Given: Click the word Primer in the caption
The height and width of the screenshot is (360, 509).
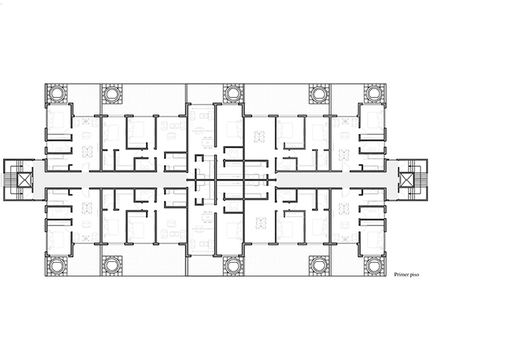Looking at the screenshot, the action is point(401,275).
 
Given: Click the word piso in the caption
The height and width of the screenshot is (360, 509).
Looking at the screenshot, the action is point(415,275).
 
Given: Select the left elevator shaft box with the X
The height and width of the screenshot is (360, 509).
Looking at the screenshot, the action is point(25,180).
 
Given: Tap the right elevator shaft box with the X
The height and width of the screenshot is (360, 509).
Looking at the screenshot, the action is point(406,180).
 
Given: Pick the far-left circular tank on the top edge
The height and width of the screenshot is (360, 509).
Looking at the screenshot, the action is point(57,94).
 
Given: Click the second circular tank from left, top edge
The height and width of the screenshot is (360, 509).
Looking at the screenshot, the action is point(112,94).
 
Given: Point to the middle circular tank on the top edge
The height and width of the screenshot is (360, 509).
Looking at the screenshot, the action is point(233,94).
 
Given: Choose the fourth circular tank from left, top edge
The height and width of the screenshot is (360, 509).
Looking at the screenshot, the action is point(320,94).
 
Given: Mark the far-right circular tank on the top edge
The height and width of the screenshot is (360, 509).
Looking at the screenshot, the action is point(374,94).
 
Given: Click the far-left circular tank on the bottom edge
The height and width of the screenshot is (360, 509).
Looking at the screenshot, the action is point(57,266).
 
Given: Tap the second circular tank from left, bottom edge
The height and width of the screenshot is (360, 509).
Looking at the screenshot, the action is point(112,266).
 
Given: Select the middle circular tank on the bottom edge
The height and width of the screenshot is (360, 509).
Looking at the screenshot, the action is point(233,266).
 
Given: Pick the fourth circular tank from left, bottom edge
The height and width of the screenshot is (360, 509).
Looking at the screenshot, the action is point(320,266).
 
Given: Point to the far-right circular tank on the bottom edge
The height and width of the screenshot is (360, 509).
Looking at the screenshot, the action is point(374,266).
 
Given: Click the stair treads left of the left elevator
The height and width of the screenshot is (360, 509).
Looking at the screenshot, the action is point(10,180).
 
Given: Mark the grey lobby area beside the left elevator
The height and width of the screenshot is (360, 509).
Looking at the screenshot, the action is point(38,180).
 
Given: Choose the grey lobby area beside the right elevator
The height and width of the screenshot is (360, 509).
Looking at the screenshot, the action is point(393,180).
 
